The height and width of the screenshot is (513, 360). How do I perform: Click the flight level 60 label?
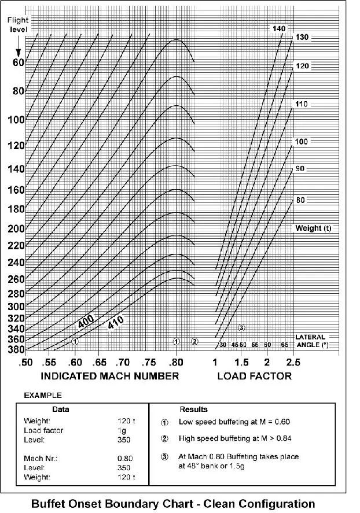tap(17, 62)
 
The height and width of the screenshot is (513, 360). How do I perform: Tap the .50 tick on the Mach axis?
tap(25, 362)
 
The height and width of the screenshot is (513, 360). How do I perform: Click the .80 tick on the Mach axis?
tap(176, 362)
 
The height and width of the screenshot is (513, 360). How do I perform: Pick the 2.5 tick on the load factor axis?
tap(293, 362)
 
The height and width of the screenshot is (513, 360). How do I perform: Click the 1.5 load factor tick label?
tap(241, 362)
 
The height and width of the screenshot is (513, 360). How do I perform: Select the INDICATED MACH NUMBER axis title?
tap(109, 376)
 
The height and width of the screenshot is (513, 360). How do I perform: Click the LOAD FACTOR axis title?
tap(254, 376)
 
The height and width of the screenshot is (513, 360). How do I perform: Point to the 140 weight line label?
tap(279, 28)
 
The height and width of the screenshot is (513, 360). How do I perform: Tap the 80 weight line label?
tap(300, 200)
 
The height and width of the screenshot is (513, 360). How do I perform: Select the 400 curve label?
tap(86, 323)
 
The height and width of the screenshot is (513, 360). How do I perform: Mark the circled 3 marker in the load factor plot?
tap(241, 328)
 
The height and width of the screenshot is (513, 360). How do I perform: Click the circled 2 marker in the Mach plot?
tap(194, 341)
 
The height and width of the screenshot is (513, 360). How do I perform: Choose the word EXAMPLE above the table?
tap(42, 396)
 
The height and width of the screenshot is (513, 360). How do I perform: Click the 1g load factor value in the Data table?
tap(121, 430)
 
